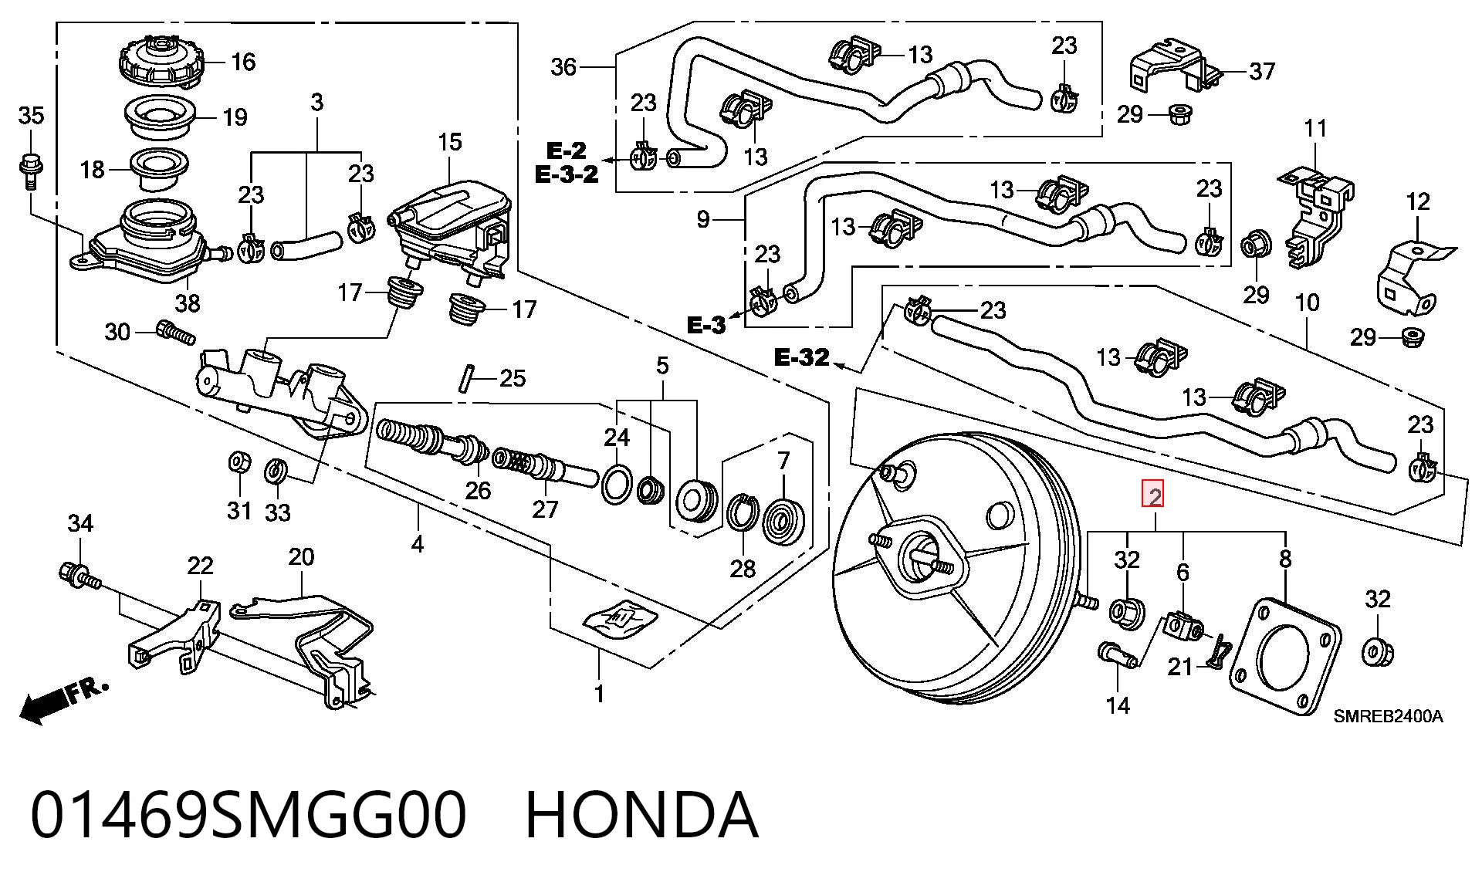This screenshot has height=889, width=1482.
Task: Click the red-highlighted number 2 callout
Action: [1154, 495]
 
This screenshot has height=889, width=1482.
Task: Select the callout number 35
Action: [31, 116]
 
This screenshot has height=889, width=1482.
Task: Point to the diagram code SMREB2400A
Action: [1388, 716]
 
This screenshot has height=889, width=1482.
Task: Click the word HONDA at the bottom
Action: [641, 816]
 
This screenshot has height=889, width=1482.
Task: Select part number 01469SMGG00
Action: [249, 816]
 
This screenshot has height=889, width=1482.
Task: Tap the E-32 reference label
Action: [802, 357]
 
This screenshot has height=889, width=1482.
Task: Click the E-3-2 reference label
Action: [567, 174]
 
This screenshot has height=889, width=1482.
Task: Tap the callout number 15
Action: [449, 143]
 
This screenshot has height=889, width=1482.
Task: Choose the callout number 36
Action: [563, 67]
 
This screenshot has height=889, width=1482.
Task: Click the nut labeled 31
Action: [240, 462]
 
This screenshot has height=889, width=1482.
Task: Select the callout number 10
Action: [1307, 303]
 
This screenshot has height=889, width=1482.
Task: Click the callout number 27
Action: [545, 509]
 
